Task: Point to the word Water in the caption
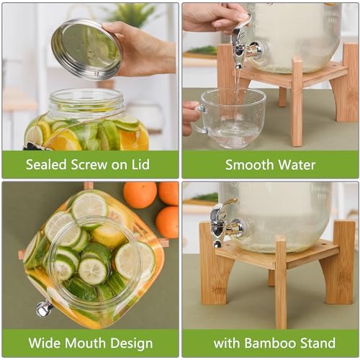click(296, 165)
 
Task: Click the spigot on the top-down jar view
click(45, 308)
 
